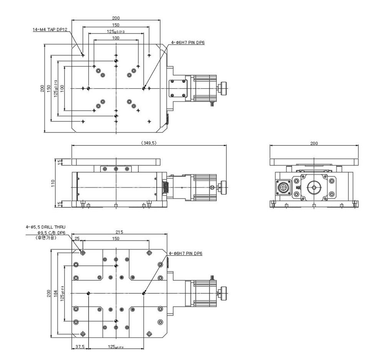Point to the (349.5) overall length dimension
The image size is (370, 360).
tap(149, 143)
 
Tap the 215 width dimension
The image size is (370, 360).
tap(119, 232)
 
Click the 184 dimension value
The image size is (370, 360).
tap(56, 294)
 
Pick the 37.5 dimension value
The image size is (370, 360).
tap(80, 346)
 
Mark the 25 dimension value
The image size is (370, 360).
tap(77, 239)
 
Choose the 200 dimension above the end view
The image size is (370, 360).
tap(314, 143)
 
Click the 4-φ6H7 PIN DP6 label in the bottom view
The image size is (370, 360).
tap(185, 253)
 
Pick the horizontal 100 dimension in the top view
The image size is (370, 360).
tap(115, 38)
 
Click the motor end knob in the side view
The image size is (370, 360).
tap(222, 187)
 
